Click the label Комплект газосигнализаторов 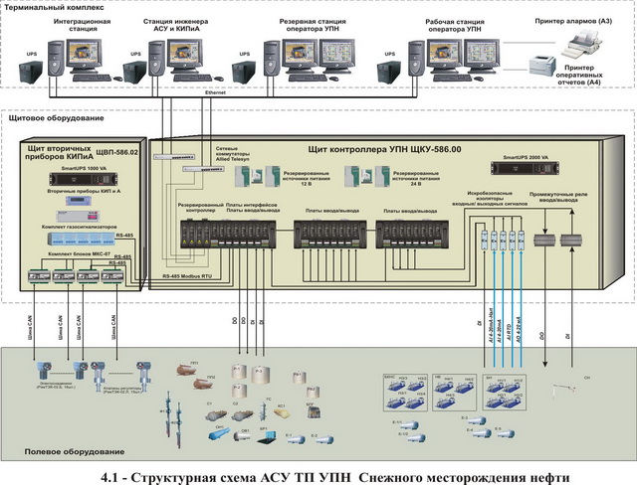[75, 228]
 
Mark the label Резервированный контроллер [199, 210]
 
